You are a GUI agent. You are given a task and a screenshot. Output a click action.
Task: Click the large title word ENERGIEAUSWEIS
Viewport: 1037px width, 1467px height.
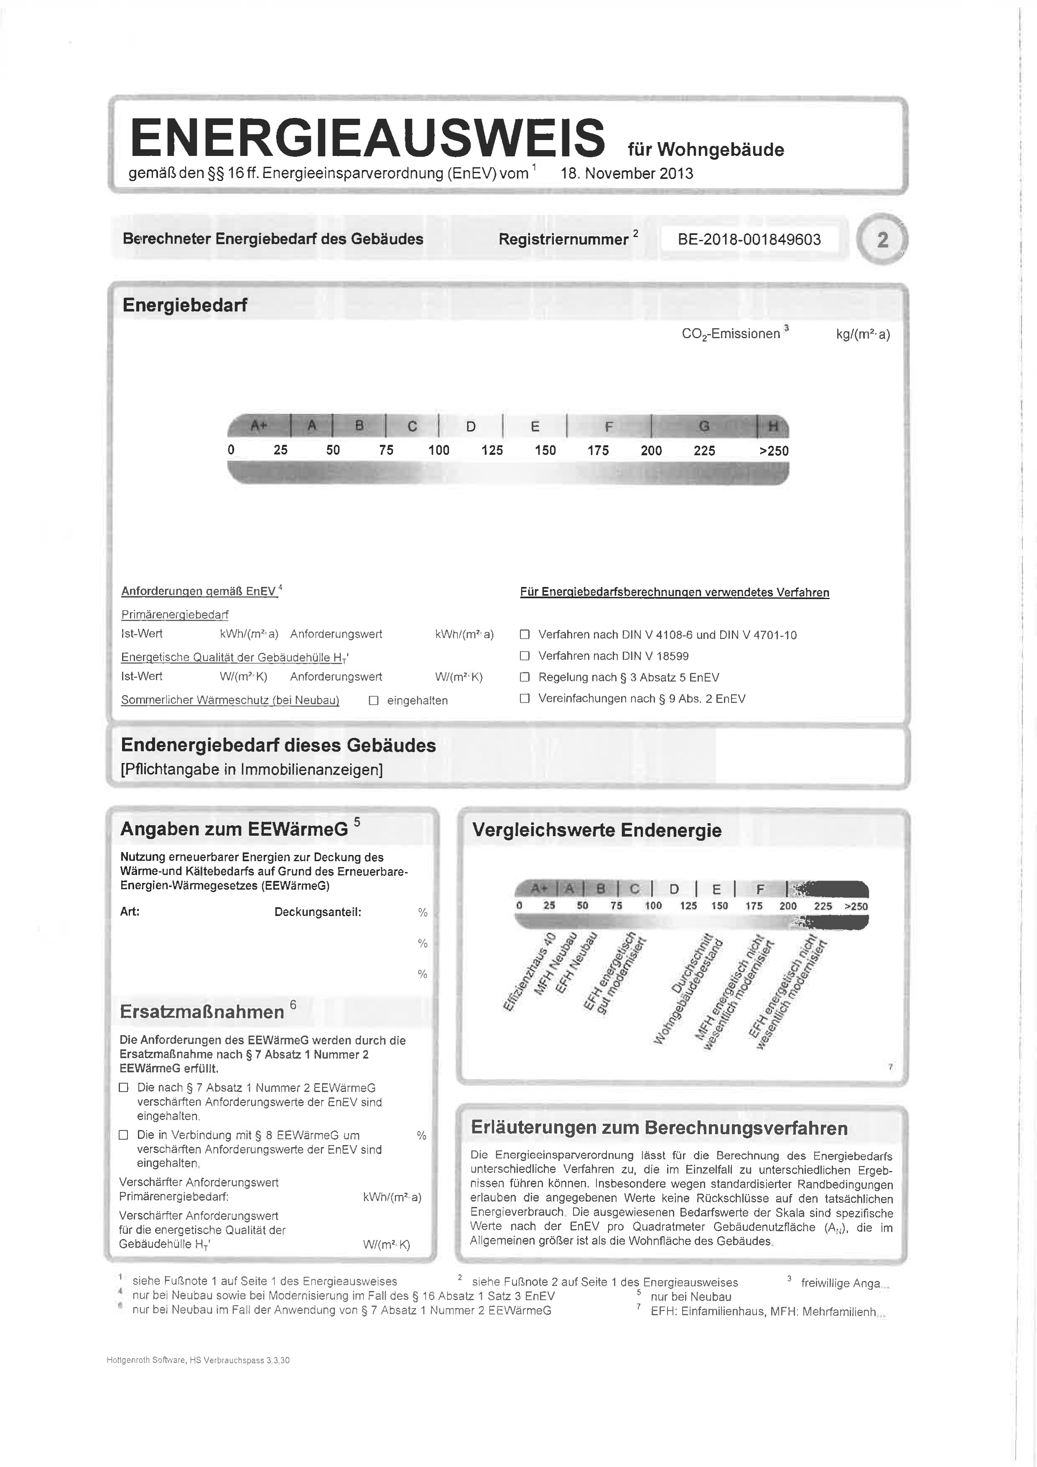pos(367,138)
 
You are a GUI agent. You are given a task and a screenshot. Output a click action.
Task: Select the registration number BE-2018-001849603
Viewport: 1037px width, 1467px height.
pos(749,240)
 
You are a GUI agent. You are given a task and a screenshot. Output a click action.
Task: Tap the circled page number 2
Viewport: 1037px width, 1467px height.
pos(882,240)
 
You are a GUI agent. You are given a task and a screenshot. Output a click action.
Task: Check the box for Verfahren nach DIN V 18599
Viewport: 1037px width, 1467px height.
pos(525,656)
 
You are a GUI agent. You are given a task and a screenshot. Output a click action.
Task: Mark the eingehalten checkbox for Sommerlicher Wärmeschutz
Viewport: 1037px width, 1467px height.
pos(374,700)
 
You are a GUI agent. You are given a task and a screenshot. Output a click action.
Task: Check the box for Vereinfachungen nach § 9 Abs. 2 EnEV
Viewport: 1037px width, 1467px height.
pos(525,698)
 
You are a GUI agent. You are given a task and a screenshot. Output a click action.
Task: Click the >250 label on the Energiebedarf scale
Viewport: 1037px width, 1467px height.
pos(774,450)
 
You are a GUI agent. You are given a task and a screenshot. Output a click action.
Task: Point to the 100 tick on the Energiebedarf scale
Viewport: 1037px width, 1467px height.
pos(439,450)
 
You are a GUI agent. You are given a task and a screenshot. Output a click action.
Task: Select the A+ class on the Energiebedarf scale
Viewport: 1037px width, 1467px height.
pos(258,426)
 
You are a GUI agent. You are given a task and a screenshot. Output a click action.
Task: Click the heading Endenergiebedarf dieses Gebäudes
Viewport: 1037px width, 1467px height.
pos(278,745)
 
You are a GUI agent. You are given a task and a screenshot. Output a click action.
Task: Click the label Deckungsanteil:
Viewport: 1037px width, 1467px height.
pos(318,912)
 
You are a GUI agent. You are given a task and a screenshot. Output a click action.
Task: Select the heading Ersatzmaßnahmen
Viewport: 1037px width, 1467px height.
pos(202,1012)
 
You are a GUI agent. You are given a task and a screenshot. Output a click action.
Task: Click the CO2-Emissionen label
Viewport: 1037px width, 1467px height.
pos(731,334)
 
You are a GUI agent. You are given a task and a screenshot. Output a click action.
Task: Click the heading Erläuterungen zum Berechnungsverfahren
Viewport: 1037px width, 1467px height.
pos(659,1128)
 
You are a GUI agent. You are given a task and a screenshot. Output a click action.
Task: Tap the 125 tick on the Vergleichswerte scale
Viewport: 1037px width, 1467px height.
pos(688,906)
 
